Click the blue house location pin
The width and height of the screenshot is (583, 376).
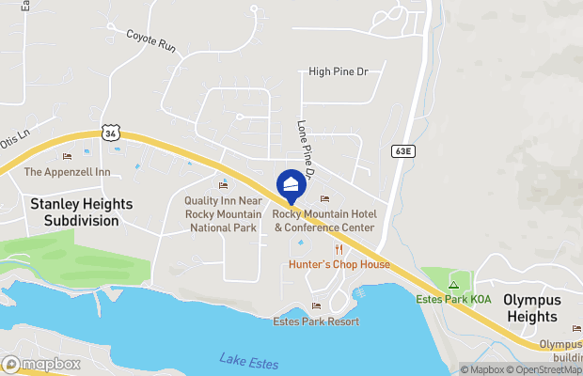(291, 183)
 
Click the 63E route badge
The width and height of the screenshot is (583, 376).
(400, 149)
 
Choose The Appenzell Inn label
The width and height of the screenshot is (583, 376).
(67, 172)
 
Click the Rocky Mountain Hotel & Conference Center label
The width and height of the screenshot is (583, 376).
(323, 221)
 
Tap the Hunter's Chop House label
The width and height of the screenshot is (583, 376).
(339, 264)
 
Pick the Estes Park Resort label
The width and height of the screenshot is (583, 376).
(315, 321)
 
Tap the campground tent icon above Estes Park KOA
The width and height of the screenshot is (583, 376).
(453, 284)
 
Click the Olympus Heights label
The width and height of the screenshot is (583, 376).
(531, 308)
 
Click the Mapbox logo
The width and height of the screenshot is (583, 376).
(41, 364)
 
